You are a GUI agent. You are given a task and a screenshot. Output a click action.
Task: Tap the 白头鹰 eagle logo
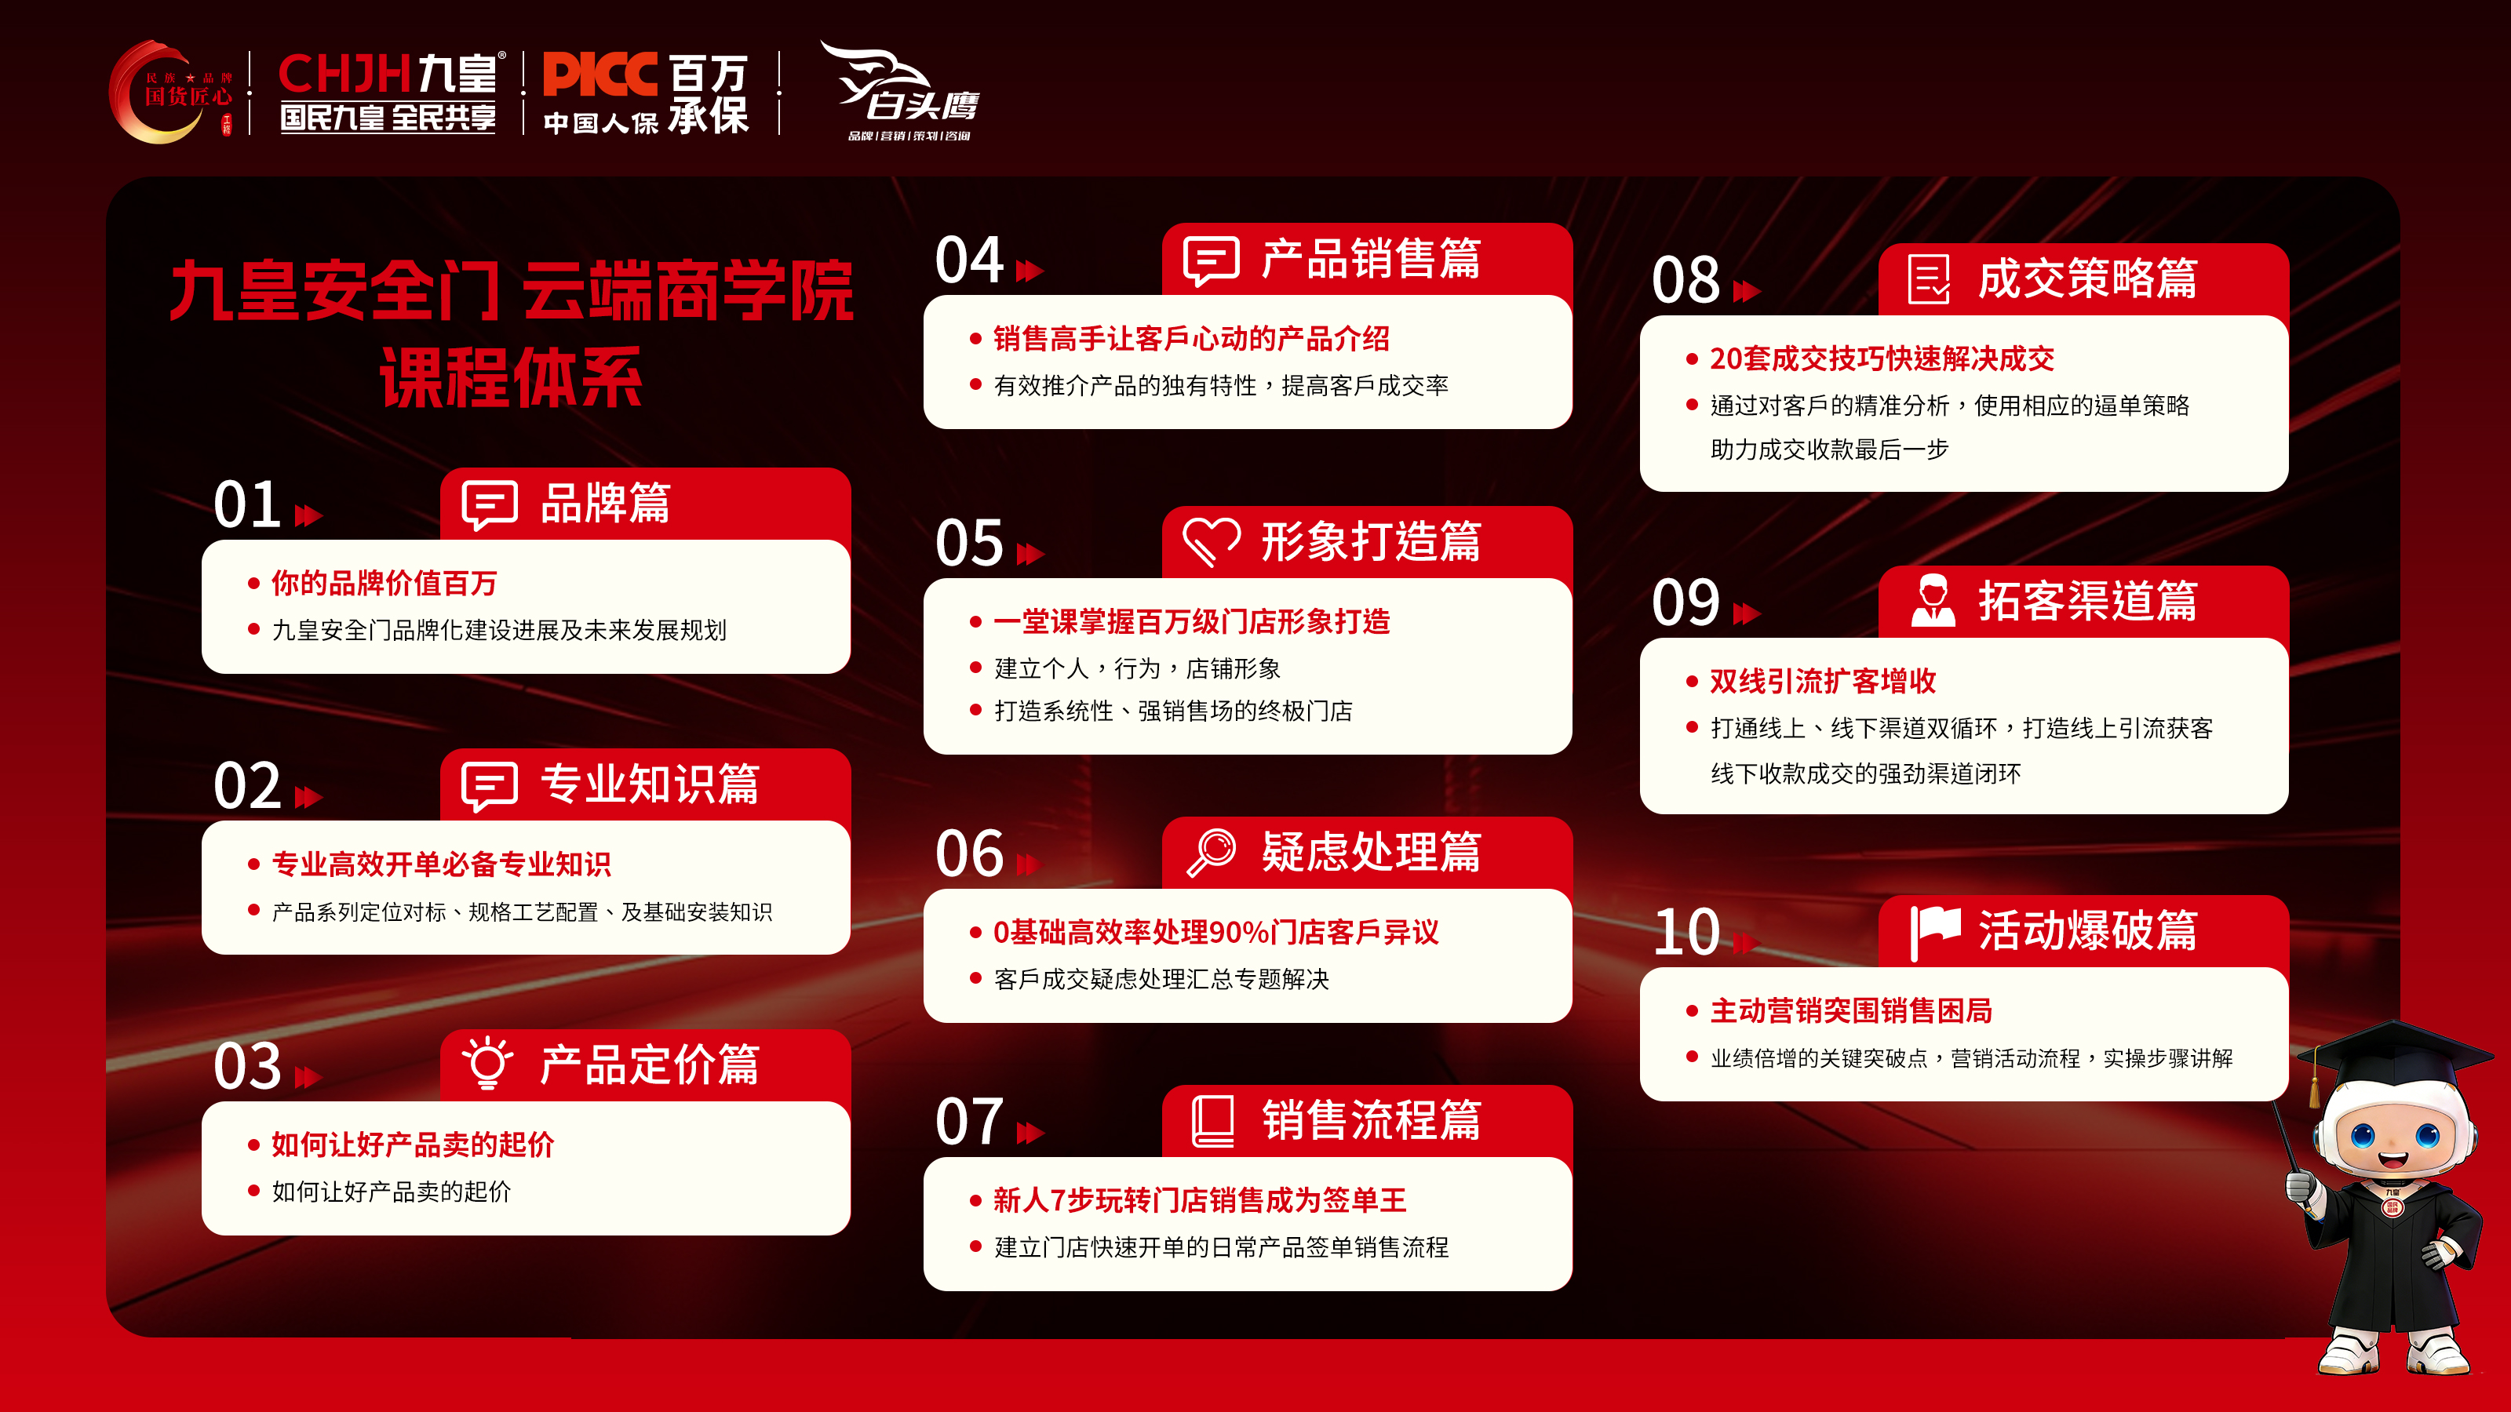click(x=901, y=89)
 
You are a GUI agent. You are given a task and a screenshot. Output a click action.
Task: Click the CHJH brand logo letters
click(x=345, y=74)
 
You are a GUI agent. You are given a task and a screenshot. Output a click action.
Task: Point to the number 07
click(x=969, y=1122)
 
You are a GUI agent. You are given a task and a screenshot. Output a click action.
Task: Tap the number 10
click(x=1686, y=933)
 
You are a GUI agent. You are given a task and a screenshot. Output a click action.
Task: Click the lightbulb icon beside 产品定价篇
click(x=487, y=1063)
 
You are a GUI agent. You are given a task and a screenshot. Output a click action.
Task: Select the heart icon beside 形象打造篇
click(x=1211, y=540)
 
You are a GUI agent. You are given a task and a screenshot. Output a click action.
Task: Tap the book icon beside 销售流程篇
click(x=1212, y=1121)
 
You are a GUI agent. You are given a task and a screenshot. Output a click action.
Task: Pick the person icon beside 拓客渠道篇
click(x=1933, y=600)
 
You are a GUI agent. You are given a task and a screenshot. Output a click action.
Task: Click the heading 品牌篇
click(x=605, y=504)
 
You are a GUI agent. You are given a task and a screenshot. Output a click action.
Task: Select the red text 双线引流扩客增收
click(x=1823, y=681)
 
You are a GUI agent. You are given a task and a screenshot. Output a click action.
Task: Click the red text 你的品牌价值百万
click(x=384, y=583)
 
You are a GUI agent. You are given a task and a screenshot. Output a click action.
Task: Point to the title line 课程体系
click(x=511, y=378)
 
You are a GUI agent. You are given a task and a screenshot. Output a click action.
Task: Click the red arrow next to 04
click(x=1030, y=271)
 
